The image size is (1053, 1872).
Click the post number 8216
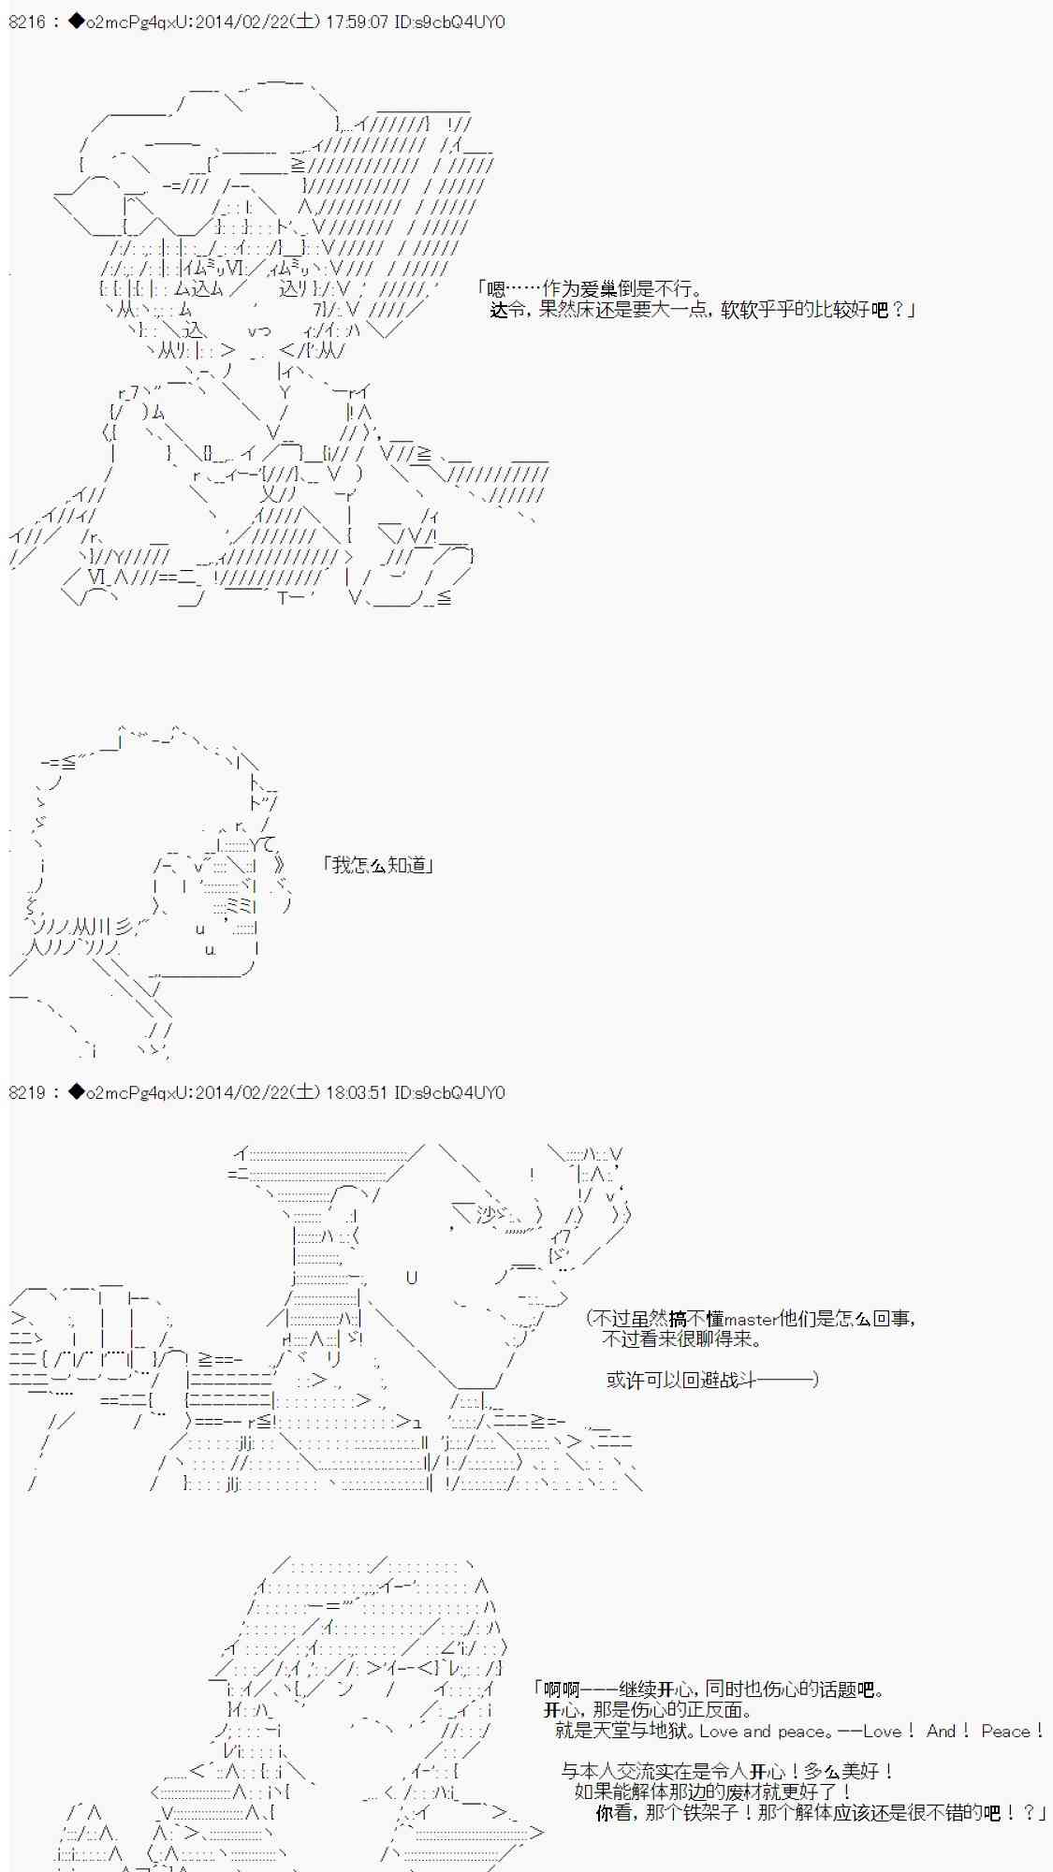click(x=26, y=21)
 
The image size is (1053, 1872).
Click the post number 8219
click(x=26, y=1092)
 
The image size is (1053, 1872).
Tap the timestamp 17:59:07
click(x=357, y=21)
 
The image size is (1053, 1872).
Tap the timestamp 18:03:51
click(x=357, y=1092)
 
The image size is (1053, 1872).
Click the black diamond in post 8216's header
click(x=76, y=21)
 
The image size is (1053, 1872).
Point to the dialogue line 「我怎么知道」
click(x=377, y=865)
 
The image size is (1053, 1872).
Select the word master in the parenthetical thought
click(x=752, y=1320)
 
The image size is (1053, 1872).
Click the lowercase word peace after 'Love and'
click(x=800, y=1732)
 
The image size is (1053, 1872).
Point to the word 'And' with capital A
click(x=941, y=1732)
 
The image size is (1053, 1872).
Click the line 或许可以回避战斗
click(x=711, y=1380)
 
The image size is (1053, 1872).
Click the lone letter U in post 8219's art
click(x=412, y=1278)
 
